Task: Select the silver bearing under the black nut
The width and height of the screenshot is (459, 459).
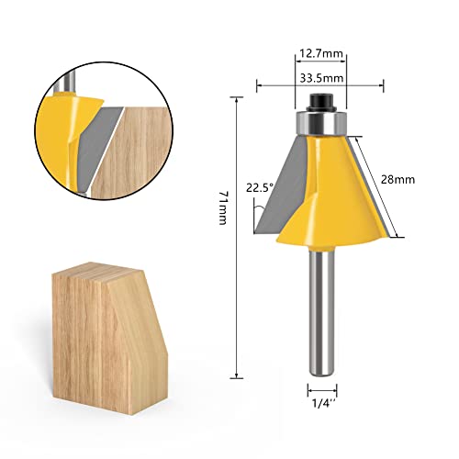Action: (x=320, y=118)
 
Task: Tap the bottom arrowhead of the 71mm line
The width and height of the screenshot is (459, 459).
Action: (x=238, y=375)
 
